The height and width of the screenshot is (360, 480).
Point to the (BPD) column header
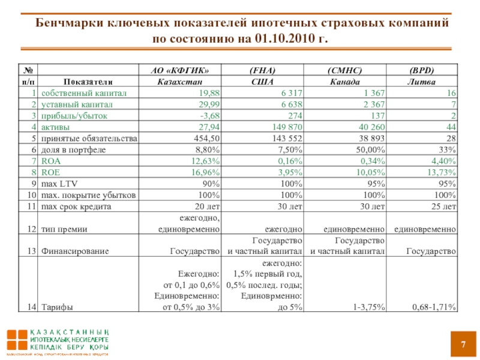point(421,70)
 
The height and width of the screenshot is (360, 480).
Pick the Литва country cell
point(421,82)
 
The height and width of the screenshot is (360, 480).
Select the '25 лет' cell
point(443,206)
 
